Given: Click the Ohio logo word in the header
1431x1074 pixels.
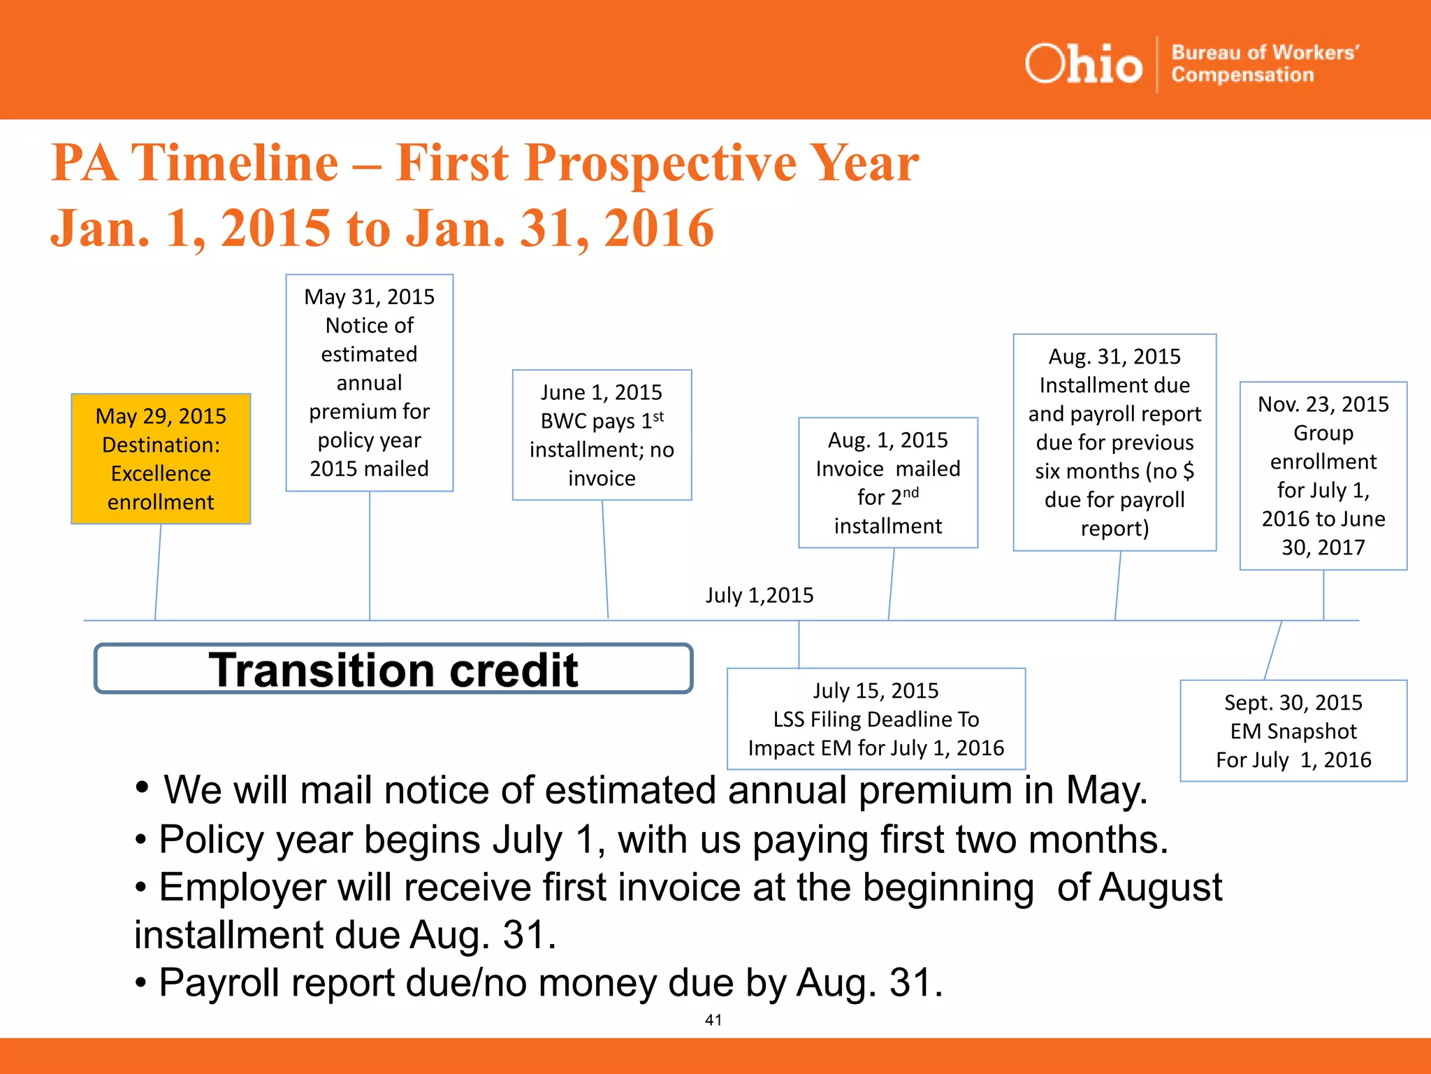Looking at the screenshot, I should (1083, 64).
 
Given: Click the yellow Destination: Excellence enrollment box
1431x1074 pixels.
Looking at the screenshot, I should (161, 459).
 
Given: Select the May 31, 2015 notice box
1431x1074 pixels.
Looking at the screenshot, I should (369, 382).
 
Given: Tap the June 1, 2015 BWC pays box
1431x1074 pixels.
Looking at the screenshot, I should (602, 435).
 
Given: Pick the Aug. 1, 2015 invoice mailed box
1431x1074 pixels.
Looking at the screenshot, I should (887, 482).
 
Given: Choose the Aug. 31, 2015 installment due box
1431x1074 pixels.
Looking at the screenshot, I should (1114, 442).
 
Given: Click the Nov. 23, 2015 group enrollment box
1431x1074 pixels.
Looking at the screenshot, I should (1323, 475).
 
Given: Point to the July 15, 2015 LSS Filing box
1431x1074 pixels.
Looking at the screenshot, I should (876, 719).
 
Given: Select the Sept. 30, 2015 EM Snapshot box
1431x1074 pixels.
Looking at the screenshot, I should (1293, 731).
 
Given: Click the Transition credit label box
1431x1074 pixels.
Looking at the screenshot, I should (393, 669).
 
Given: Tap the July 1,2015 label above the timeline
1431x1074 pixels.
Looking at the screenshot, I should (760, 595).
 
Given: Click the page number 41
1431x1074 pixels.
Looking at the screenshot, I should (713, 1020).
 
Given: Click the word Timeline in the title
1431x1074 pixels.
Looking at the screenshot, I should (235, 163).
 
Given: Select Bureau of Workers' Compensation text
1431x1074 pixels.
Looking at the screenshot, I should (1265, 64).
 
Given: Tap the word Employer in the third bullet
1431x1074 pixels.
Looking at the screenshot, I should (242, 887).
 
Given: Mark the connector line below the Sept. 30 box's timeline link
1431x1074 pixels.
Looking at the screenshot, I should (1273, 650).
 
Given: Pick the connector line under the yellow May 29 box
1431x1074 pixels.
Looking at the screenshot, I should (158, 572).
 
